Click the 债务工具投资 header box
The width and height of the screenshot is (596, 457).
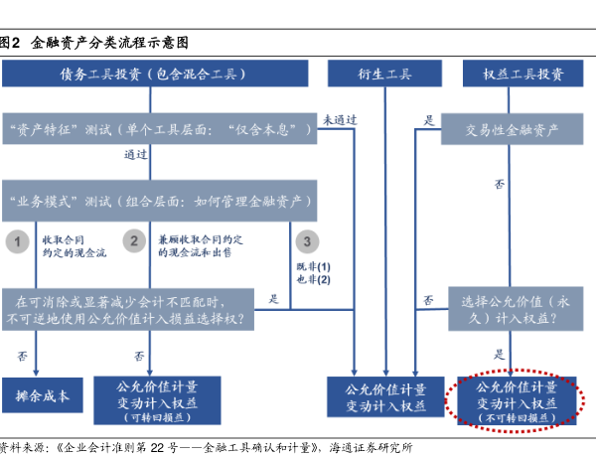(x=155, y=74)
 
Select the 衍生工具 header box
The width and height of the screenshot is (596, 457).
(x=384, y=74)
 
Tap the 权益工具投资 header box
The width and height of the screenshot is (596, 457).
(x=523, y=74)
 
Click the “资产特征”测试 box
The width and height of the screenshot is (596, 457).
(x=160, y=128)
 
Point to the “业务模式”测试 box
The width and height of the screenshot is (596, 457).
(x=160, y=201)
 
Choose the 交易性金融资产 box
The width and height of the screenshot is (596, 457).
(x=512, y=129)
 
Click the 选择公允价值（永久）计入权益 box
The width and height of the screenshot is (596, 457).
(x=516, y=309)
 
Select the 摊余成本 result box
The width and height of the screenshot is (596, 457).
(x=43, y=395)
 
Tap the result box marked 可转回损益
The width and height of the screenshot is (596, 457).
(x=157, y=400)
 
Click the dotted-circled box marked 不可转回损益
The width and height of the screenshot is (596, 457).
(x=517, y=400)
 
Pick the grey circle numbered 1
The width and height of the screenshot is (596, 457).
(x=18, y=241)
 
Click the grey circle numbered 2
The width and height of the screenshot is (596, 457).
(x=134, y=240)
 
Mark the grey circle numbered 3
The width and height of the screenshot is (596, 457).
(x=307, y=241)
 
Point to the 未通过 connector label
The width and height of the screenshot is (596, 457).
(x=340, y=120)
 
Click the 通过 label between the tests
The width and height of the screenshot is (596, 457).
(x=136, y=154)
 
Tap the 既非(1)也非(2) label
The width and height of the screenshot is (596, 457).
(x=314, y=273)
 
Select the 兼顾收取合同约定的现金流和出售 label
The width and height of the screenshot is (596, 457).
(x=201, y=245)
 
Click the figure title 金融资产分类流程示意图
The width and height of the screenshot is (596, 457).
(x=109, y=43)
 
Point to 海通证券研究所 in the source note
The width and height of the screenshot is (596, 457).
(x=371, y=448)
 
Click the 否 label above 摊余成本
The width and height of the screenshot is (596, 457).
(x=23, y=356)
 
